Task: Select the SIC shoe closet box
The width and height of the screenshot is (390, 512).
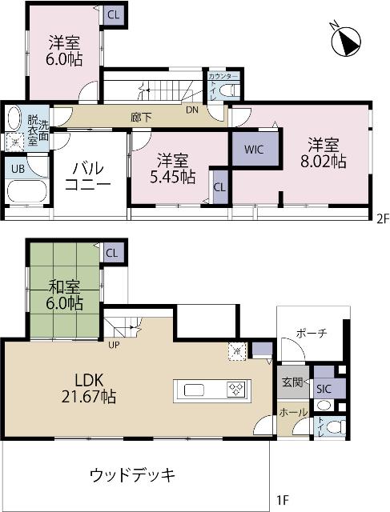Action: pos(324,388)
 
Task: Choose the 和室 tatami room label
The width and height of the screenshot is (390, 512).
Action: pos(64,286)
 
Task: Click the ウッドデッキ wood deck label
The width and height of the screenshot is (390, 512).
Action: pos(133,474)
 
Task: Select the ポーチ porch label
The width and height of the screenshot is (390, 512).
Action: pos(310,334)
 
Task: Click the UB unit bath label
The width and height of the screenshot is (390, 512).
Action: pos(17,168)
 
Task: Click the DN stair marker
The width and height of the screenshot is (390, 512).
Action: pos(192,110)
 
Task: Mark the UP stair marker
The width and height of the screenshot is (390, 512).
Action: pos(115,345)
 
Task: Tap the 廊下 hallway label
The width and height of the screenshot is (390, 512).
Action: pos(141,117)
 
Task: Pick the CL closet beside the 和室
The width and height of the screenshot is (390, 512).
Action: pos(111,254)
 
